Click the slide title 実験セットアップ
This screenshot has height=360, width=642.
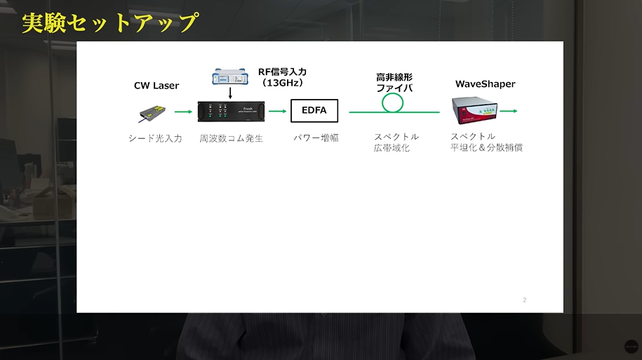(110, 22)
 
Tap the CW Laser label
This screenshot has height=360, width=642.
(156, 86)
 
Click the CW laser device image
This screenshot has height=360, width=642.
(152, 114)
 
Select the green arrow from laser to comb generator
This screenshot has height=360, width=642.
(183, 112)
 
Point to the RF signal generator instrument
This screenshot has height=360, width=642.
(230, 77)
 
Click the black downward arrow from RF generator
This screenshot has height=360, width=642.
(230, 93)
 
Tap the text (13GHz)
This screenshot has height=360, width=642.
(283, 83)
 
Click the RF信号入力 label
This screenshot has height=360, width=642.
(282, 72)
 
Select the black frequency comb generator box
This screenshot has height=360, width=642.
(231, 112)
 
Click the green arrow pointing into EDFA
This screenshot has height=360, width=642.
(278, 111)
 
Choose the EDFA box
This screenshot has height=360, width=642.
(314, 111)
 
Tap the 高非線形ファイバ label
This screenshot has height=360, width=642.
(394, 82)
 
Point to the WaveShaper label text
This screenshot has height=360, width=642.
(486, 84)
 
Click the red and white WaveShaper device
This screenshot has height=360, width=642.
(474, 110)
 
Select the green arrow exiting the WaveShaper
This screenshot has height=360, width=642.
(509, 111)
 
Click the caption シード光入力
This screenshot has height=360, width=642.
(155, 138)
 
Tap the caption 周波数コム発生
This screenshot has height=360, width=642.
(231, 138)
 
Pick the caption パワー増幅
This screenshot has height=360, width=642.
(316, 138)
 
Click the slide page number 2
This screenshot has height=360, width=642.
(525, 300)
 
